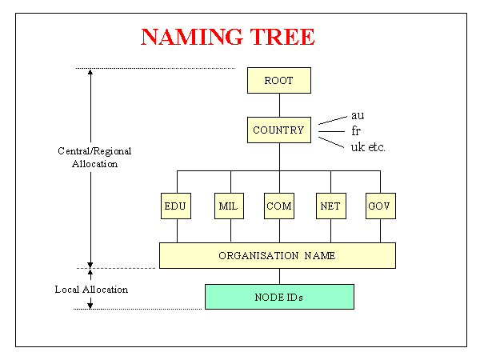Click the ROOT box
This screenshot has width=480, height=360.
(278, 81)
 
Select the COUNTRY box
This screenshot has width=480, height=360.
(278, 130)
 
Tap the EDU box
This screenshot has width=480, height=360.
(175, 206)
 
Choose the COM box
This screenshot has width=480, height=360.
(278, 206)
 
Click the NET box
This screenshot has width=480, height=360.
(329, 206)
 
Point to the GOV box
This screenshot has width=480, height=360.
(380, 206)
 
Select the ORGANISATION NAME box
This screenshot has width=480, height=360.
(277, 255)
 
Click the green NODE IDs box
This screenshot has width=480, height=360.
(278, 297)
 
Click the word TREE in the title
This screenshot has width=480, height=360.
(282, 37)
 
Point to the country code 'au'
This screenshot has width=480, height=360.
(358, 115)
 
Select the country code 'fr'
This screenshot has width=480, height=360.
(355, 130)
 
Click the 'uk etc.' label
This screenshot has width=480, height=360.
(369, 146)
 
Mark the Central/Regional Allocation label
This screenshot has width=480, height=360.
(94, 157)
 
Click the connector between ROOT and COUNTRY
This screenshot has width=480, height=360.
(278, 106)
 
